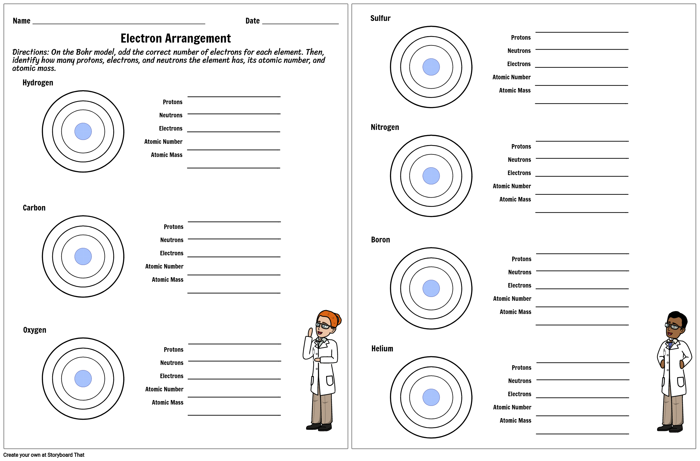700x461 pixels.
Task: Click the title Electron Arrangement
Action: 175,38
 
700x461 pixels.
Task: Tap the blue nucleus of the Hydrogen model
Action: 83,132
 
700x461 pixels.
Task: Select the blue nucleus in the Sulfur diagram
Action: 431,67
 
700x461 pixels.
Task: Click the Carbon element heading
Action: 34,208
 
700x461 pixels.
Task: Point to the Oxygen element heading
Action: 35,330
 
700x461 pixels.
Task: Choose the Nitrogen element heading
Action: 385,127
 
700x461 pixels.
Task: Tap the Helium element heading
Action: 382,349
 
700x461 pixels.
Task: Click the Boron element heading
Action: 380,240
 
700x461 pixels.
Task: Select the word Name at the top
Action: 21,21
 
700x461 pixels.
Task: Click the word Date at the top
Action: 252,21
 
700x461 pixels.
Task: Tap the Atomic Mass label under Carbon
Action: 167,280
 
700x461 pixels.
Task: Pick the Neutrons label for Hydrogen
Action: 171,115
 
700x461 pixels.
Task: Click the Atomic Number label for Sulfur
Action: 511,77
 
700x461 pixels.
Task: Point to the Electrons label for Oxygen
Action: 171,376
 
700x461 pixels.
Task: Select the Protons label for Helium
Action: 521,368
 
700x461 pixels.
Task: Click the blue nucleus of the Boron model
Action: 431,289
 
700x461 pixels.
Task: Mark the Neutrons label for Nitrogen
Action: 519,160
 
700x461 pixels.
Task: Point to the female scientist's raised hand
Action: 310,332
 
